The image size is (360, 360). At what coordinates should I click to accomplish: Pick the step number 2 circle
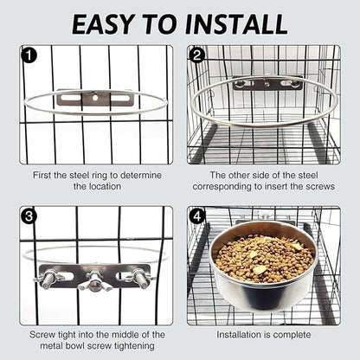point(198,56)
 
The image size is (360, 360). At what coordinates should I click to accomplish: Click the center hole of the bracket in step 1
point(94,99)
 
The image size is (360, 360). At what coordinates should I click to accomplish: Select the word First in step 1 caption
point(43,175)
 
